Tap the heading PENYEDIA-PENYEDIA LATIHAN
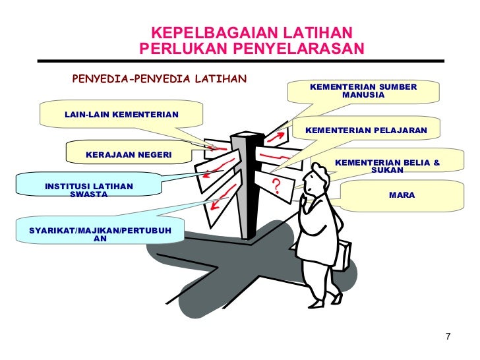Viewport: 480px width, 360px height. [159, 80]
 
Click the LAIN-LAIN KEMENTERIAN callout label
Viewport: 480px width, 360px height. [121, 115]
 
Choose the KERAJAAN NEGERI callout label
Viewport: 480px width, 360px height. [129, 155]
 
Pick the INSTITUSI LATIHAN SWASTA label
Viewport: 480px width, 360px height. [88, 191]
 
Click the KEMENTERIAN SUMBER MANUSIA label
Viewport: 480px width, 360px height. [363, 91]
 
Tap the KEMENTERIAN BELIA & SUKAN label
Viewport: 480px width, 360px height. [387, 165]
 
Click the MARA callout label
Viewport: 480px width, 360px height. [402, 195]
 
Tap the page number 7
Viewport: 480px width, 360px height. [448, 338]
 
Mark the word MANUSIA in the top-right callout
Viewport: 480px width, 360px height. [363, 96]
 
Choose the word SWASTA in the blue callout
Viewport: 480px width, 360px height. [88, 195]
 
